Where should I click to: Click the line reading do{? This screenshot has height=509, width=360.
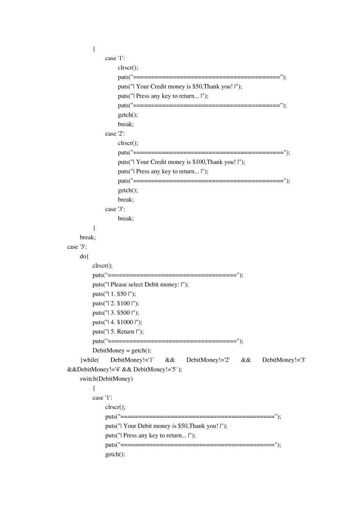click(x=84, y=256)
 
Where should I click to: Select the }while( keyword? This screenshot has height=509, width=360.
click(x=89, y=360)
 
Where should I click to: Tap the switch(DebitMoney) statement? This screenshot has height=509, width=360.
click(x=106, y=379)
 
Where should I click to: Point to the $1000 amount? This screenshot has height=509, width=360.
click(x=125, y=322)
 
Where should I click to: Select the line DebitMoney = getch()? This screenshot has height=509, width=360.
click(x=122, y=351)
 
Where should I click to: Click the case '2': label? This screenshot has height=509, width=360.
click(x=115, y=134)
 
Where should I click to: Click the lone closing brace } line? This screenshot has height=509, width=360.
click(x=94, y=228)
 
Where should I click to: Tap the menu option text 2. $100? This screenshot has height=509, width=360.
click(x=120, y=303)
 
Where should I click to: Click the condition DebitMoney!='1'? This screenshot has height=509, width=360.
click(x=132, y=360)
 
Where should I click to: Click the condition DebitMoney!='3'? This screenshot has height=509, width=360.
click(x=284, y=360)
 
